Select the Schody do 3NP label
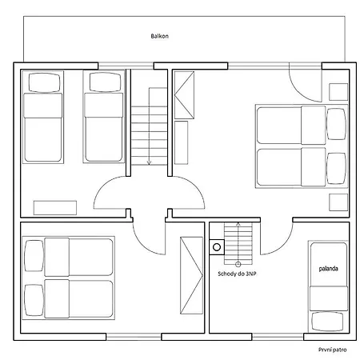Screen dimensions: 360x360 click(237, 274)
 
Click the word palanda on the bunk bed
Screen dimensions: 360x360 click(326, 269)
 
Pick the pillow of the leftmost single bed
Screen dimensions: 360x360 click(41, 82)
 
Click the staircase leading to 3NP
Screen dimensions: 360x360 click(238, 240)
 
